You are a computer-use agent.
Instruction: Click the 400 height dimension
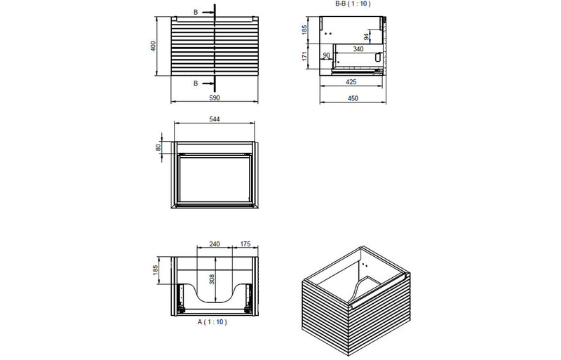[154, 46]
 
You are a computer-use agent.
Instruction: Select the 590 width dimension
[215, 98]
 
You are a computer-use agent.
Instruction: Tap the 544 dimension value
[215, 120]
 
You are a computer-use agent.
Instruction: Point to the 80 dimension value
[159, 147]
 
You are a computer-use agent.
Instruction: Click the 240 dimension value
[215, 245]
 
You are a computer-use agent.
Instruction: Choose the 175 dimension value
[245, 245]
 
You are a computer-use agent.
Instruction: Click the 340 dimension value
[358, 48]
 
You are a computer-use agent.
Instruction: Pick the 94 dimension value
[366, 36]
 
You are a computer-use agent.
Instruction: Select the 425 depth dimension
[353, 81]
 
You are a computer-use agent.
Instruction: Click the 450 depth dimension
[353, 98]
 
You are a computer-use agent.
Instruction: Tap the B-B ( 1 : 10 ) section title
[353, 4]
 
